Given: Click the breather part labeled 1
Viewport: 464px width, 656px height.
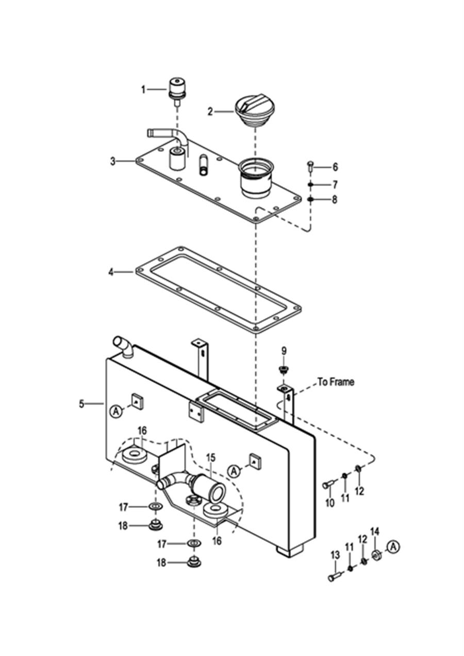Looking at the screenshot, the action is (x=177, y=90).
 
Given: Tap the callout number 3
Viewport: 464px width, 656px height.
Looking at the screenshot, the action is (x=113, y=161).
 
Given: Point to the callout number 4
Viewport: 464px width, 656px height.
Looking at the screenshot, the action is (x=111, y=272).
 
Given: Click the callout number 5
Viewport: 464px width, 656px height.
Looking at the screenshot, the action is (x=81, y=404).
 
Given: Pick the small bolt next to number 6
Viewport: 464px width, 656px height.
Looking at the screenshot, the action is (x=310, y=166).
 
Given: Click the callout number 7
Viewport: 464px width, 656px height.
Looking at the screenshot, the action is (x=335, y=185).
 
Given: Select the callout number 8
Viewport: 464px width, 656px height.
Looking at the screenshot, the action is (x=334, y=200).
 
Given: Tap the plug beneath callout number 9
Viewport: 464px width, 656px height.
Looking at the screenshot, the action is (x=284, y=370).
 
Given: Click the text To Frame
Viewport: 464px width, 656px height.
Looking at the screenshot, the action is (x=336, y=382).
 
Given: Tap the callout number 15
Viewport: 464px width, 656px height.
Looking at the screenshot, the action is (x=211, y=457).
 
